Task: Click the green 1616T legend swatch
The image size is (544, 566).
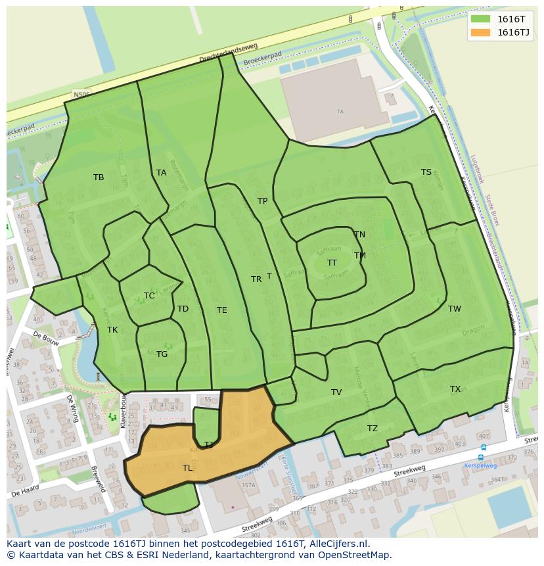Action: pyautogui.click(x=480, y=20)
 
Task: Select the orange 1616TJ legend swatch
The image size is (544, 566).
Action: pyautogui.click(x=480, y=32)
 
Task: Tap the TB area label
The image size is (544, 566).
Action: pyautogui.click(x=99, y=177)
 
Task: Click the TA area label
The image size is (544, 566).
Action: pyautogui.click(x=162, y=173)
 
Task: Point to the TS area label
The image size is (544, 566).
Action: pyautogui.click(x=426, y=172)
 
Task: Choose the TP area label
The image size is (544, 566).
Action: pyautogui.click(x=263, y=201)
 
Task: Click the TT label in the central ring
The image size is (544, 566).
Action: pyautogui.click(x=332, y=263)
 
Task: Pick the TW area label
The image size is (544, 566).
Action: pyautogui.click(x=455, y=309)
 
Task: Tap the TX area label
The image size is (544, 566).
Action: pyautogui.click(x=455, y=389)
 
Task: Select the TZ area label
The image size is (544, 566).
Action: pyautogui.click(x=373, y=429)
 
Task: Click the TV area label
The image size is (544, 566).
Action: pyautogui.click(x=336, y=392)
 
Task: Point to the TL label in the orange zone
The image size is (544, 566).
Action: pyautogui.click(x=188, y=468)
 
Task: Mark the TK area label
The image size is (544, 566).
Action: pyautogui.click(x=112, y=330)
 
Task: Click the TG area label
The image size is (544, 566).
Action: pyautogui.click(x=162, y=354)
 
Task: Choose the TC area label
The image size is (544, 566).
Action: pyautogui.click(x=149, y=296)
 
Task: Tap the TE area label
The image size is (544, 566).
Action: pyautogui.click(x=222, y=310)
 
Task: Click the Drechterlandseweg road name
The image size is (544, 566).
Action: pyautogui.click(x=230, y=55)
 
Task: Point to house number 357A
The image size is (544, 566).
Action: pyautogui.click(x=248, y=486)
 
